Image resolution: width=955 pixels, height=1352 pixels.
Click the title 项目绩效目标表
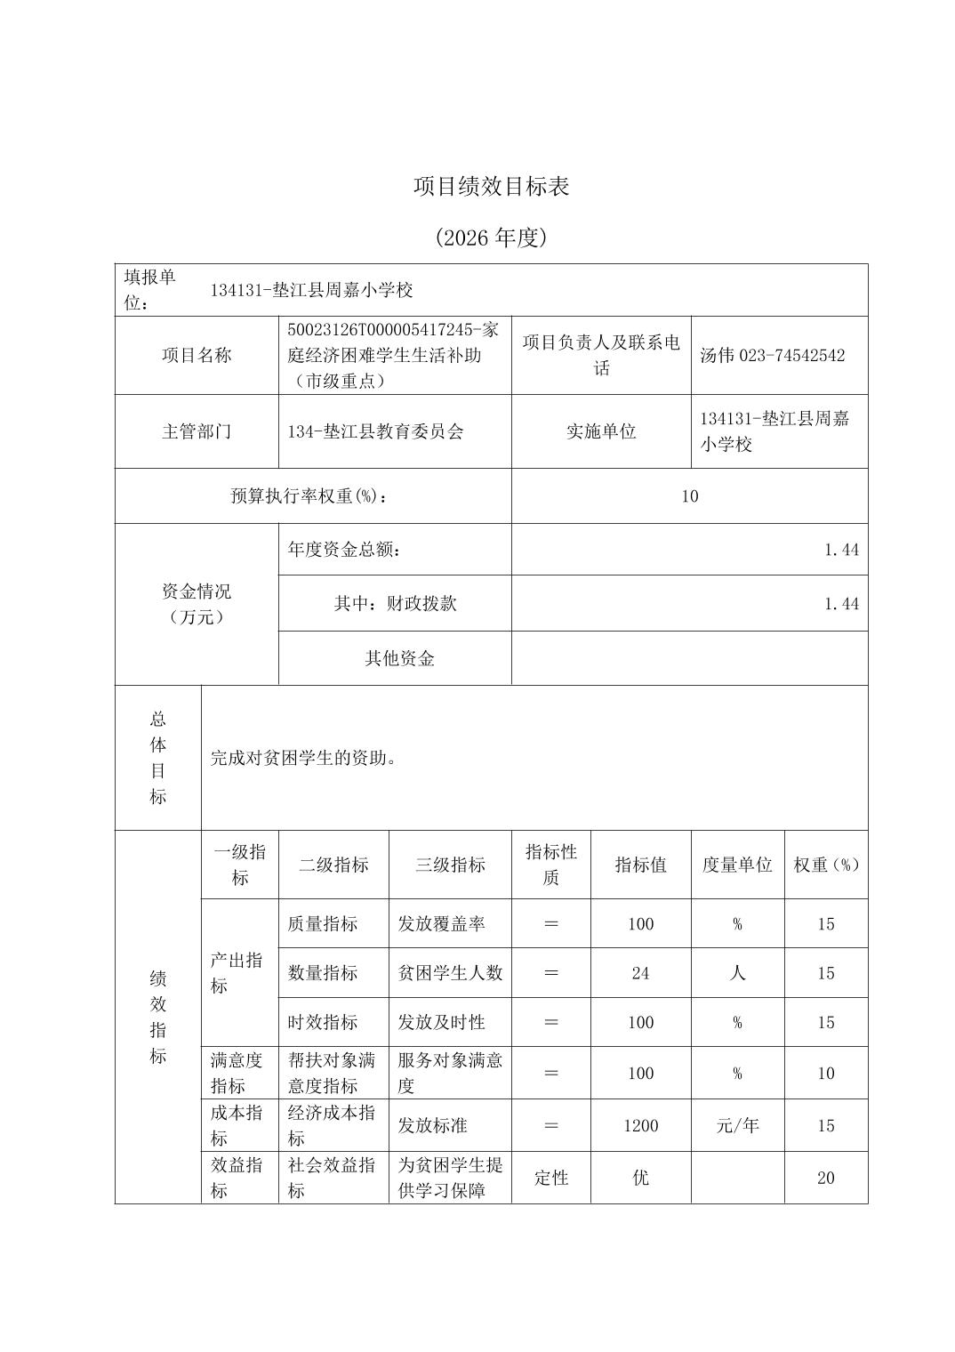491,187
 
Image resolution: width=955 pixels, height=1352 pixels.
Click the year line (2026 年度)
491,237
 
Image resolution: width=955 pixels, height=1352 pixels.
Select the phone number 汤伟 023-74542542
772,356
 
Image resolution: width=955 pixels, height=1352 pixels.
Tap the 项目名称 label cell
197,356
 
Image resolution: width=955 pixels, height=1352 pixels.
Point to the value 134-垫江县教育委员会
375,432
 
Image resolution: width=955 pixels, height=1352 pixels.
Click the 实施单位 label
601,432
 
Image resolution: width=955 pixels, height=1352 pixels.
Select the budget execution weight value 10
689,496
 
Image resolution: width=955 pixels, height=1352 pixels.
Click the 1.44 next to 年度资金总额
840,550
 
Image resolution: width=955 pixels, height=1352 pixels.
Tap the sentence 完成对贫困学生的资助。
303,759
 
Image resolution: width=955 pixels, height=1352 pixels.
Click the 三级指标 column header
450,865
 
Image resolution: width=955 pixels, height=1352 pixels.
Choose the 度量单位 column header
737,865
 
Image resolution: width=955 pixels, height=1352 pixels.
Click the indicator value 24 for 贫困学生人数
640,973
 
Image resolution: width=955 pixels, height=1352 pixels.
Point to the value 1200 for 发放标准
640,1126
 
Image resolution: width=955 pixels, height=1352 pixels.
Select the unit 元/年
737,1126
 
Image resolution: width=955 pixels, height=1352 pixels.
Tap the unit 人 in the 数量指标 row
737,973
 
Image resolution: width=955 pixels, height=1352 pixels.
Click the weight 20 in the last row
825,1179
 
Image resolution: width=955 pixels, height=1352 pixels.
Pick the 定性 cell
550,1179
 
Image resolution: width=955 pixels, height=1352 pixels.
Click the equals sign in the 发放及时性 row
550,1023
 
